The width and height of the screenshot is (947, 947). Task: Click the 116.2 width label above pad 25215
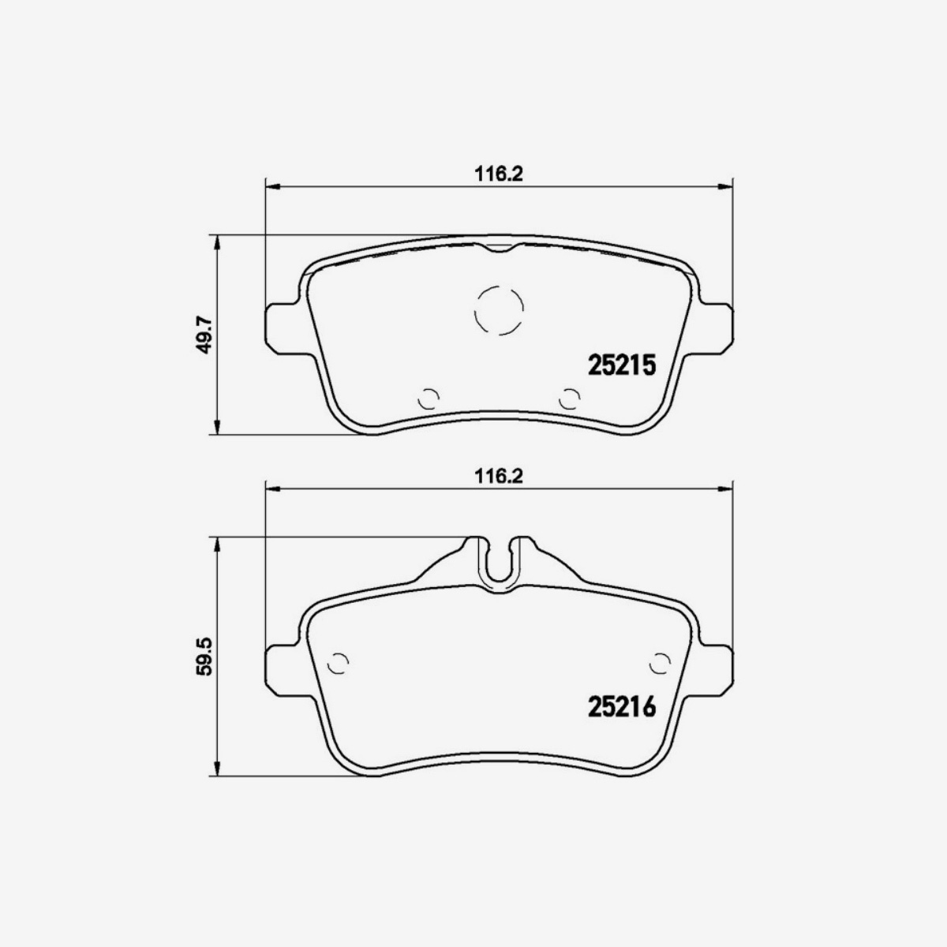click(x=499, y=174)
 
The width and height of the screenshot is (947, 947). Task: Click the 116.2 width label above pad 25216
click(x=499, y=476)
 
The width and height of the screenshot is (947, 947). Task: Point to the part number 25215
click(x=622, y=365)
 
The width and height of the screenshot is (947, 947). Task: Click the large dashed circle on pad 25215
click(x=499, y=309)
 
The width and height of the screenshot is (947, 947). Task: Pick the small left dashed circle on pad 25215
click(x=429, y=399)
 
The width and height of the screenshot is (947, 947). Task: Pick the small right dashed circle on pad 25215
click(x=567, y=399)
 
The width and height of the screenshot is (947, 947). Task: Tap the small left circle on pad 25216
click(x=338, y=664)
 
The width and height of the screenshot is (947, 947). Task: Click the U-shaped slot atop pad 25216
click(x=499, y=562)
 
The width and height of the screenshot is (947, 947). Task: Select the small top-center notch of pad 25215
click(x=499, y=249)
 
